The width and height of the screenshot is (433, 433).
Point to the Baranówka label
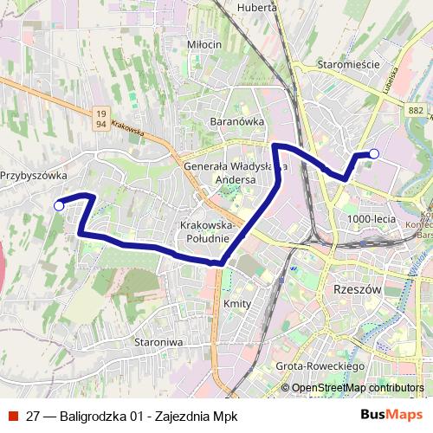pos(236,122)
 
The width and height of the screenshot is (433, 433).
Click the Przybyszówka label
pos(34,175)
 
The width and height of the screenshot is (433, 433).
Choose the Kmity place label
pos(236,304)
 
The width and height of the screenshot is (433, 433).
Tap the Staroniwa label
pos(158,342)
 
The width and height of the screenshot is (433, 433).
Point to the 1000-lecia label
pos(371,220)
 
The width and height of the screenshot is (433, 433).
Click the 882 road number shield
pos(417,109)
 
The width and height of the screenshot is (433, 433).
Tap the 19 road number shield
pos(101,113)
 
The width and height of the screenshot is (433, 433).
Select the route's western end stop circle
pos(59,205)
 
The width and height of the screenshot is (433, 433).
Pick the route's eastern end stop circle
pos(374,154)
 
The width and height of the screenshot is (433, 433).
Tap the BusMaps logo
pos(391,414)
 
